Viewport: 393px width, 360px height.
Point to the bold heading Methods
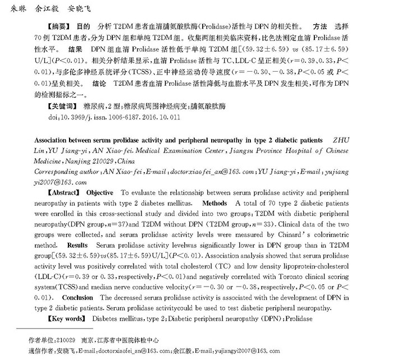click(x=214, y=203)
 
